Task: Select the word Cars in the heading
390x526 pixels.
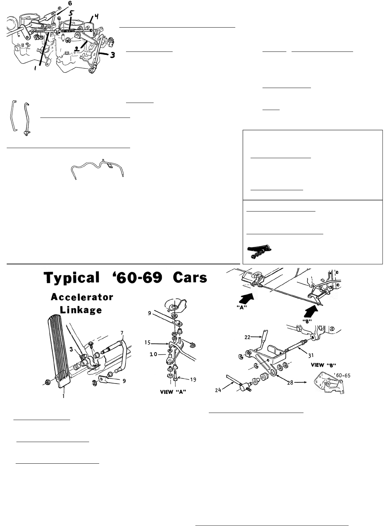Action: point(190,277)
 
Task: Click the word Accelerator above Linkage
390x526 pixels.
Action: point(82,297)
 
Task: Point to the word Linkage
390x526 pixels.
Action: point(81,310)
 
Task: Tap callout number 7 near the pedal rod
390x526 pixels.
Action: point(122,333)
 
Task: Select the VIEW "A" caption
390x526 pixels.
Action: point(173,392)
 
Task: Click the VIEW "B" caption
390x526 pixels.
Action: point(323,365)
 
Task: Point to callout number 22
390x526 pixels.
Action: point(247,337)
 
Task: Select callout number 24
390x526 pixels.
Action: point(218,390)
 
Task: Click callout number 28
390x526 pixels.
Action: point(290,382)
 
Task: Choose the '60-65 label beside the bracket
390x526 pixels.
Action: point(342,375)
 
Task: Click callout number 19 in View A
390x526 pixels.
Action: point(193,379)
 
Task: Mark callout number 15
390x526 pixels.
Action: point(148,342)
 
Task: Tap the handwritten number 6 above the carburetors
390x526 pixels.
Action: point(70,3)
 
